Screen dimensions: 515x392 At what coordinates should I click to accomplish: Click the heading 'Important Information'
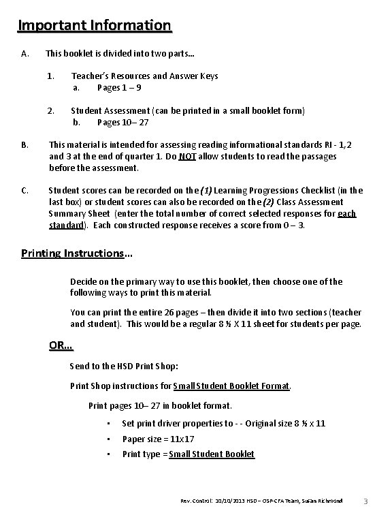[95, 26]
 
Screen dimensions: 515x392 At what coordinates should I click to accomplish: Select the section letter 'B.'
[25, 144]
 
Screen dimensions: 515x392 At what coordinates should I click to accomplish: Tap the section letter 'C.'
[25, 190]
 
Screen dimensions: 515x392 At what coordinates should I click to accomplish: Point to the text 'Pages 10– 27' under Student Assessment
[122, 122]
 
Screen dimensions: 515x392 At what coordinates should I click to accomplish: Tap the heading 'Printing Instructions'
[72, 253]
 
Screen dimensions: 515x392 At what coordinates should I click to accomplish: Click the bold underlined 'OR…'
[61, 345]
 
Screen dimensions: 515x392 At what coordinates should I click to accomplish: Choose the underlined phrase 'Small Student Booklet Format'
[231, 386]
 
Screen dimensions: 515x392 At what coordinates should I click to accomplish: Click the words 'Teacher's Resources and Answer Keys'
[145, 76]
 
